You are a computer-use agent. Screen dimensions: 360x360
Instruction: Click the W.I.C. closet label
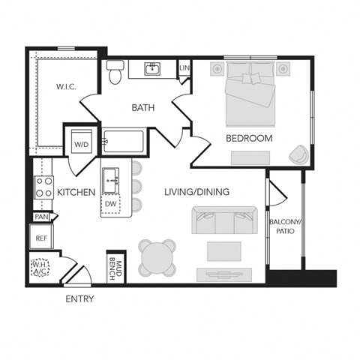click(x=66, y=86)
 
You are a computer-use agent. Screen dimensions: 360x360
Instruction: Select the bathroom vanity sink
click(x=153, y=70)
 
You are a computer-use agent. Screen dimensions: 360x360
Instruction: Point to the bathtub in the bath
click(x=126, y=140)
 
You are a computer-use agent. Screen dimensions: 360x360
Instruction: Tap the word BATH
click(x=143, y=108)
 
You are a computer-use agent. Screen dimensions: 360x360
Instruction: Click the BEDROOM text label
click(x=250, y=139)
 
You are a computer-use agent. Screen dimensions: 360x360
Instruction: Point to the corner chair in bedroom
click(x=298, y=153)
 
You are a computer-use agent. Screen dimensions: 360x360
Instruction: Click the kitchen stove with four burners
click(x=43, y=187)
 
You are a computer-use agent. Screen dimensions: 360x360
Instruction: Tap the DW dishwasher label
click(x=111, y=203)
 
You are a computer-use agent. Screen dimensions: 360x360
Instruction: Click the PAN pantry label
click(x=40, y=217)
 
